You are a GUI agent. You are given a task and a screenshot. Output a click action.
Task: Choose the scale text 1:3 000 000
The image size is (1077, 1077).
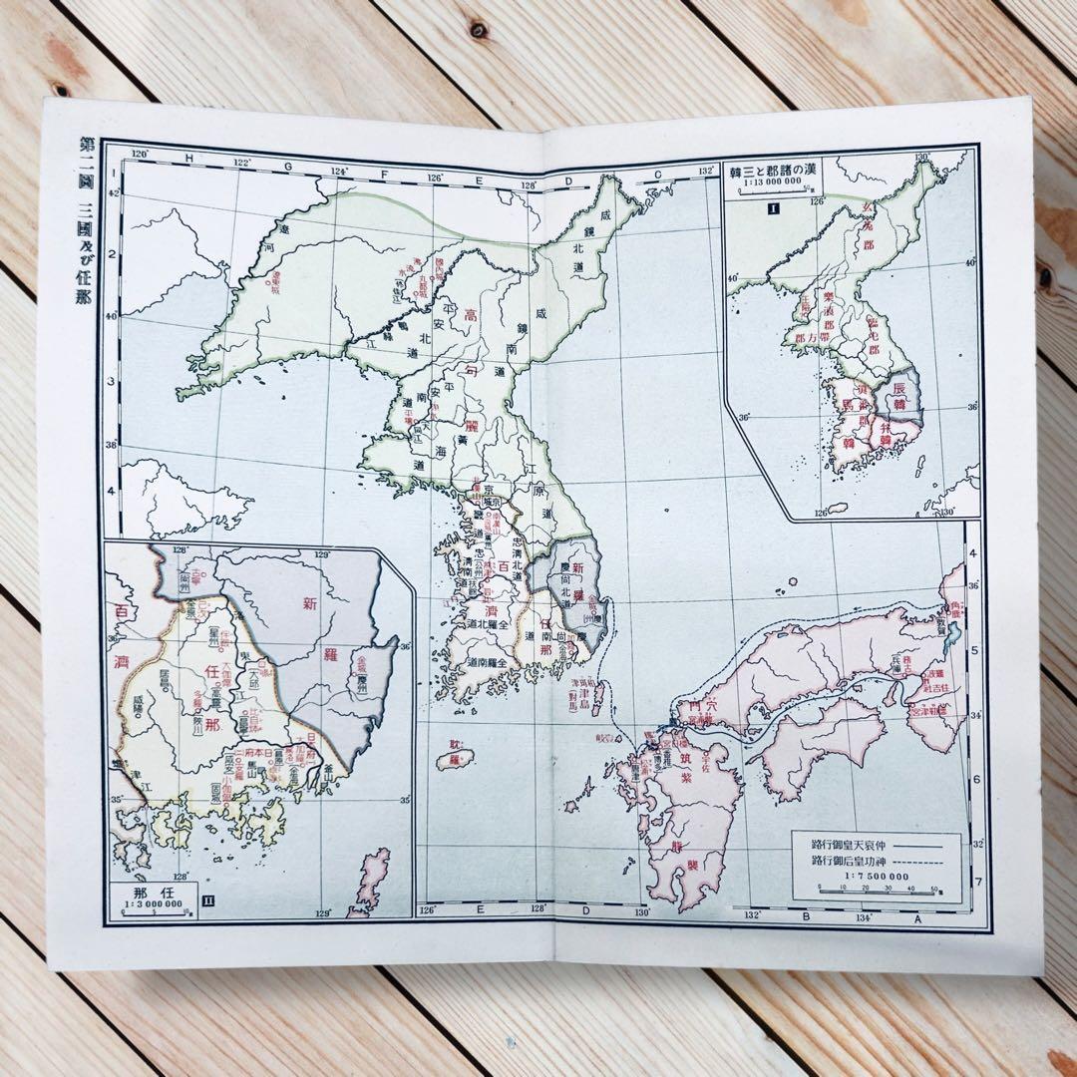(153, 904)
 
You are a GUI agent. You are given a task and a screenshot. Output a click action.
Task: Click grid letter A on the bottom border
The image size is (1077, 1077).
(916, 920)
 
